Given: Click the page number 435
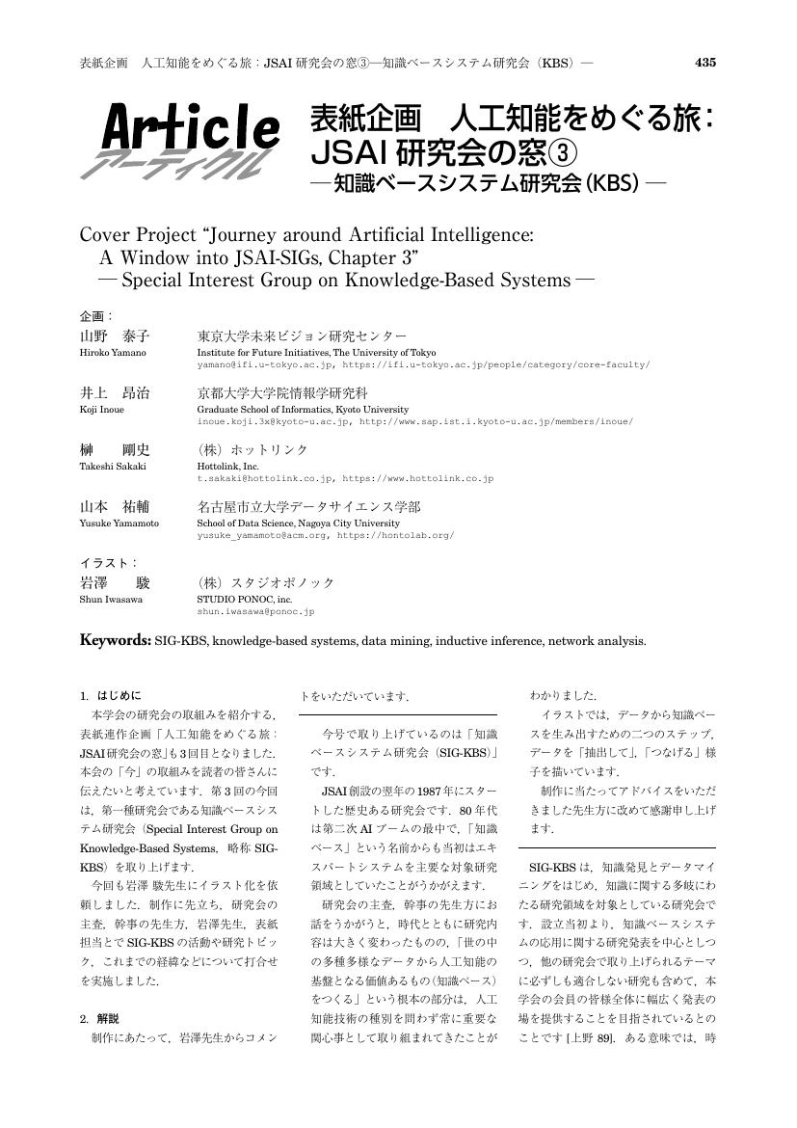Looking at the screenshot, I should point(704,63).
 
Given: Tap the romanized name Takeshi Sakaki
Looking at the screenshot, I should point(113,466).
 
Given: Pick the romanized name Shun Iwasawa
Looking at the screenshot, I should point(110,599).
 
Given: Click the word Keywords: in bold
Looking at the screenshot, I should point(115,639).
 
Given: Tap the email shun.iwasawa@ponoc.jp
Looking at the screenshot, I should point(255,611).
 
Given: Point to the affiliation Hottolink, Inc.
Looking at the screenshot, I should point(228,466).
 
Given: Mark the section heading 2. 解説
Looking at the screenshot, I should point(100,1017).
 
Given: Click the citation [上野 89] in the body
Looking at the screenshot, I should point(592,1036).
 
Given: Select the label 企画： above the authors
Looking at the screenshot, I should point(95,316).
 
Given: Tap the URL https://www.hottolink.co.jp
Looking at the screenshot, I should point(418,478).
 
